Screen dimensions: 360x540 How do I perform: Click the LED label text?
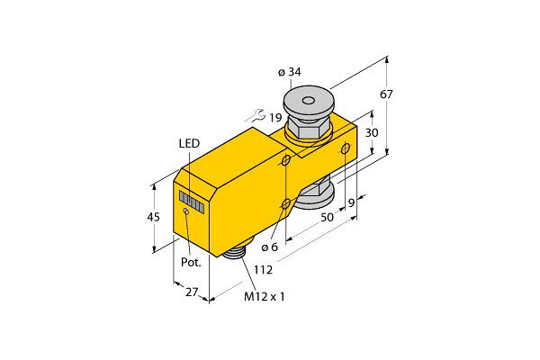[189, 143]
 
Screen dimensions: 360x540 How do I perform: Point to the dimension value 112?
[262, 268]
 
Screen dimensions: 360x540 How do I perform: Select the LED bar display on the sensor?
[191, 200]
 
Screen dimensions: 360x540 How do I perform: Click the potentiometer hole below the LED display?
[186, 212]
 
